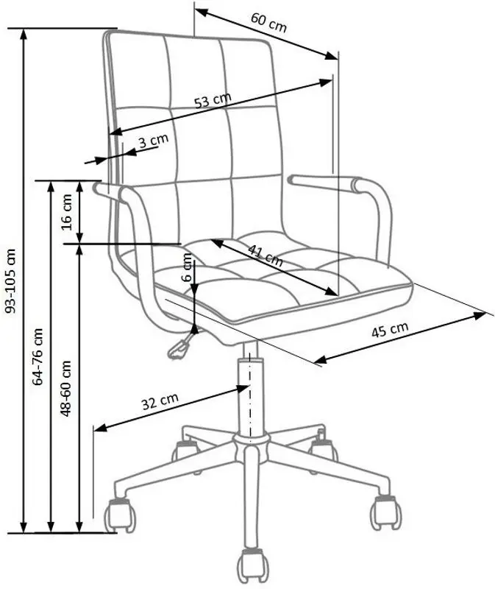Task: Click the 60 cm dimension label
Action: [268, 23]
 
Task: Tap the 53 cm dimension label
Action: [213, 100]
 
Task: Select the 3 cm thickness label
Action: [154, 141]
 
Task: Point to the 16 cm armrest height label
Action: [66, 212]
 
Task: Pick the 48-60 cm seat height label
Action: [65, 388]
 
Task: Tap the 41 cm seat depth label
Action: [266, 255]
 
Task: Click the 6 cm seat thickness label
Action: [187, 267]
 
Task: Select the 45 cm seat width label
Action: [390, 330]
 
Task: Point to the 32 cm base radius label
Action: [160, 401]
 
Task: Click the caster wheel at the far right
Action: [385, 512]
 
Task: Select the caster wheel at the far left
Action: [119, 516]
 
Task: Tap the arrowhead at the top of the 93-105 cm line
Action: [24, 34]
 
